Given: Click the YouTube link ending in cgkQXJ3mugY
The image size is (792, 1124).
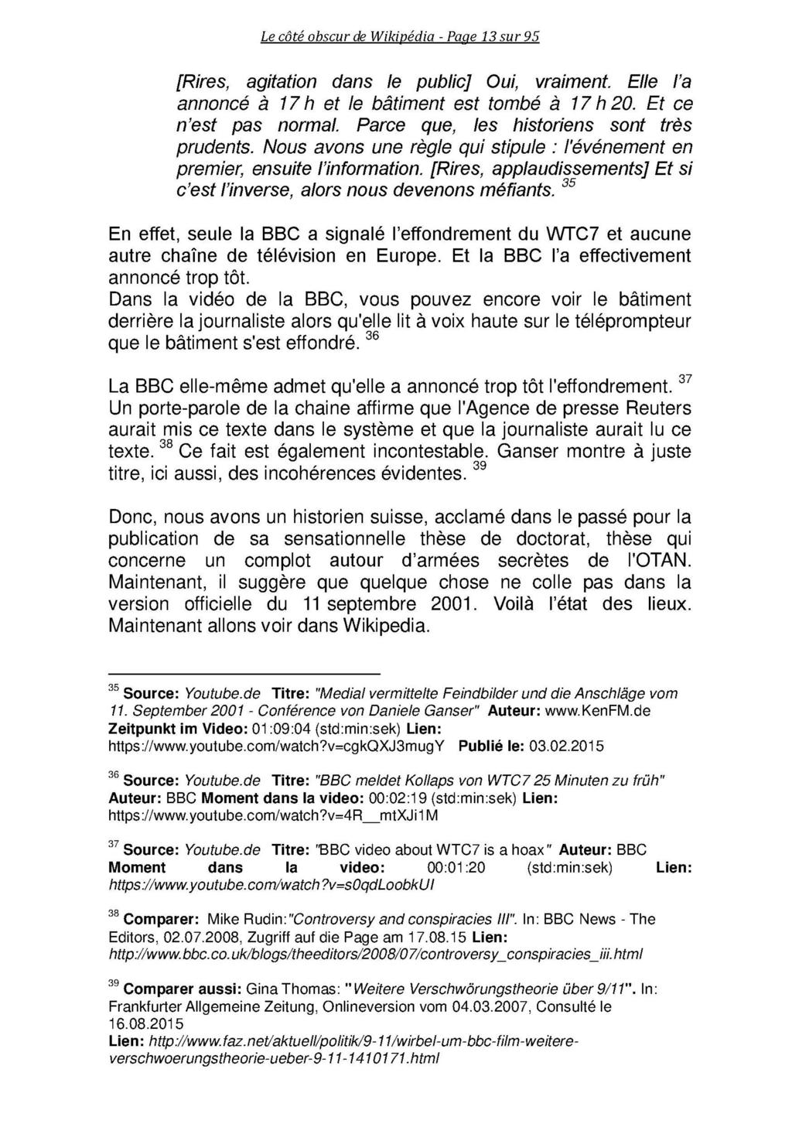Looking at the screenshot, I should pos(276,746).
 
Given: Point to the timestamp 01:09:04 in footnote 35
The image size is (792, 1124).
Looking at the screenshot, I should pos(247,729).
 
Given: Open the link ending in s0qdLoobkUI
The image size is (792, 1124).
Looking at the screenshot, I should pos(271,885).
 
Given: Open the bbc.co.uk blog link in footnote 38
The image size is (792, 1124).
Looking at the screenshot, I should pos(376,954).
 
